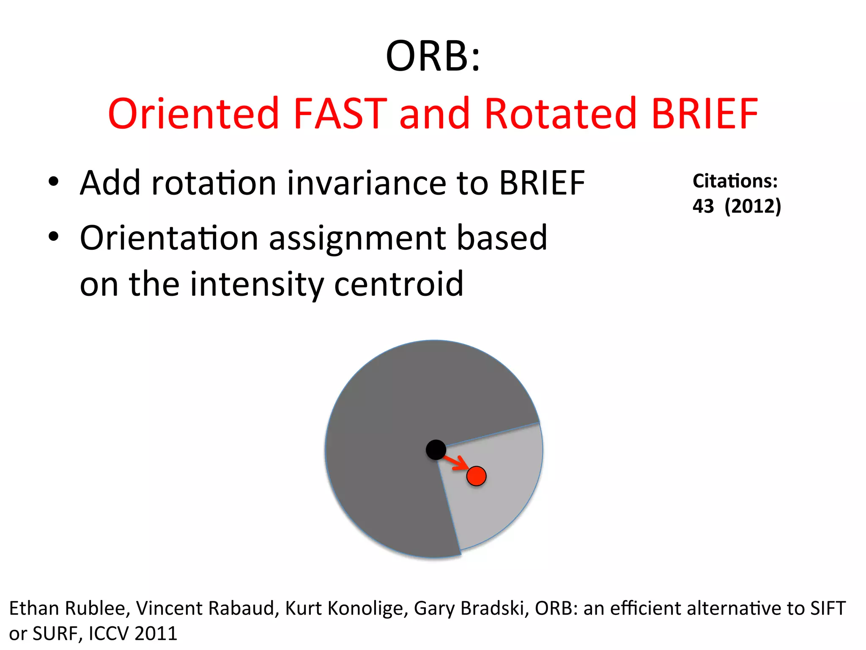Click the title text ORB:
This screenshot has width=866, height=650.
click(433, 56)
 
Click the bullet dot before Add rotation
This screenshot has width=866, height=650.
click(53, 182)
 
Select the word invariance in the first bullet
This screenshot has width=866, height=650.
click(366, 183)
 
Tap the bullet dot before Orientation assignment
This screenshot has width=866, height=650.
click(53, 237)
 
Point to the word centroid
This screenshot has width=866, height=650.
click(398, 284)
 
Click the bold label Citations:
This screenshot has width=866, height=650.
click(735, 181)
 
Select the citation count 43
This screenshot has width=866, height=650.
click(703, 207)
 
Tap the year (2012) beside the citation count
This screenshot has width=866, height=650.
click(753, 207)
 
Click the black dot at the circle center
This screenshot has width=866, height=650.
click(436, 449)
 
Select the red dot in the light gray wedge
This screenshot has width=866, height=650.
click(476, 476)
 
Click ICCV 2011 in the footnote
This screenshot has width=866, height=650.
click(133, 633)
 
